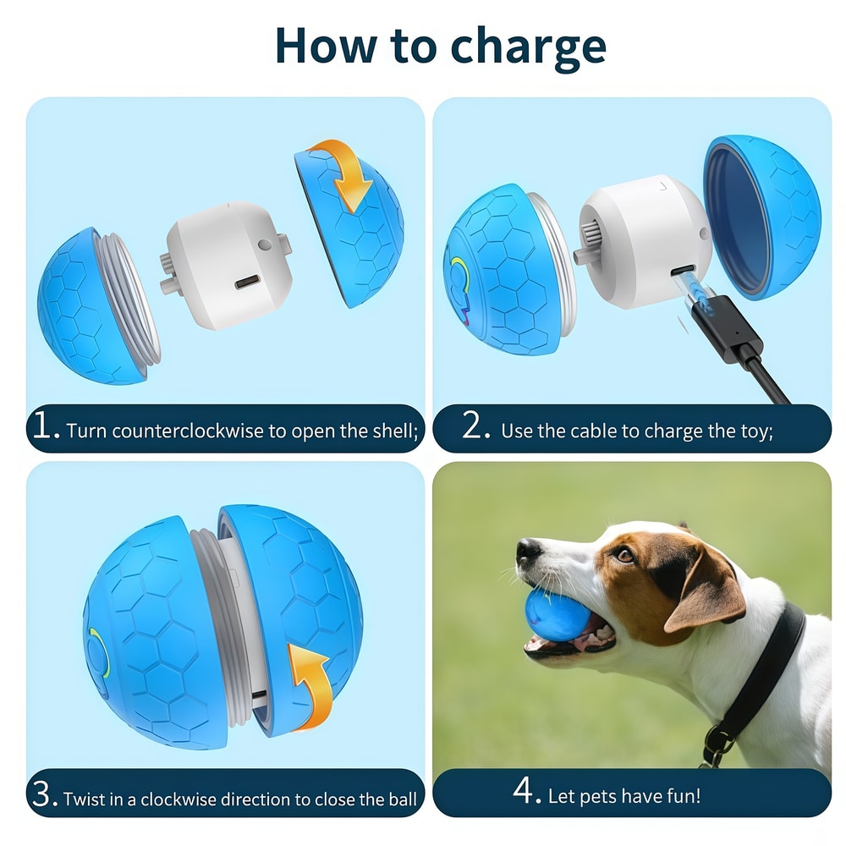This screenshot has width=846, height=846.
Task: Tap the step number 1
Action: tap(44, 427)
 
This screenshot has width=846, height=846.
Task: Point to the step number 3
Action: tap(44, 794)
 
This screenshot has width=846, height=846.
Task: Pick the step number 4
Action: tap(525, 793)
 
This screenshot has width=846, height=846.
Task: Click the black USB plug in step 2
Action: tap(726, 328)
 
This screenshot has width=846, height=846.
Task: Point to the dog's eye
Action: tap(623, 555)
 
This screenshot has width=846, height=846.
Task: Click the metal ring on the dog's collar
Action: tap(718, 741)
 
